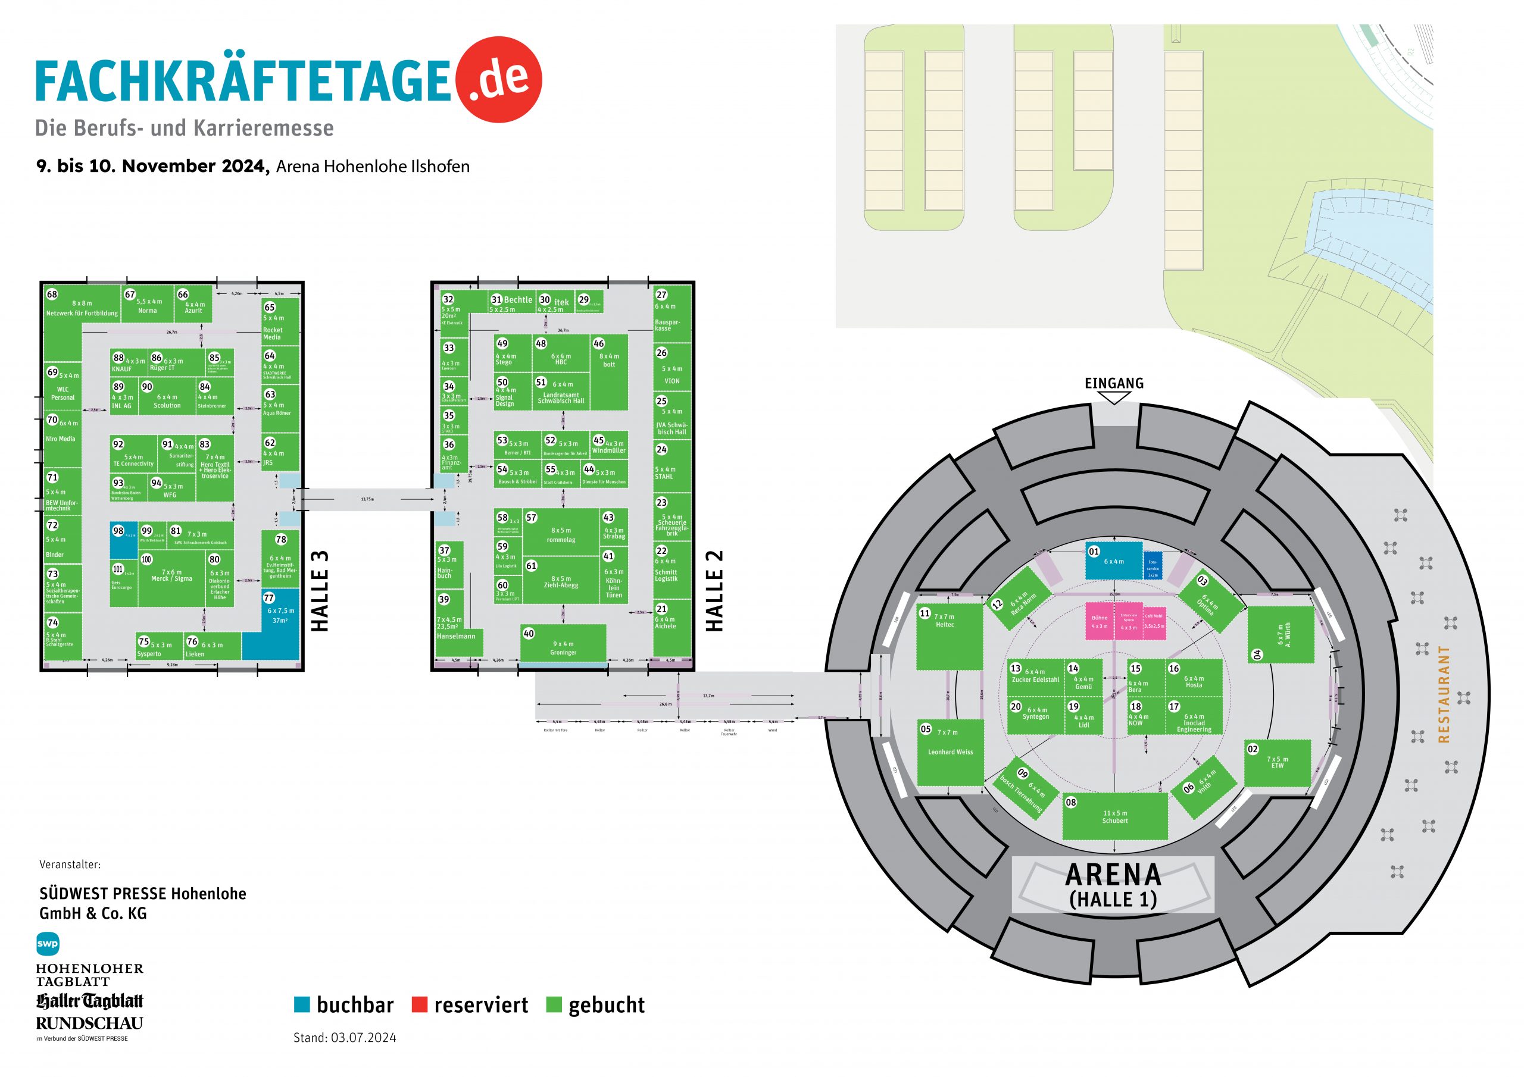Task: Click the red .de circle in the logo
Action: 499,79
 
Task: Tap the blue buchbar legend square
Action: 302,1004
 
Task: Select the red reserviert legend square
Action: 419,1004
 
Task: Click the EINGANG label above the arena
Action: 1114,384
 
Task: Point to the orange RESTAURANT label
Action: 1444,693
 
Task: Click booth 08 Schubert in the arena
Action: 1114,817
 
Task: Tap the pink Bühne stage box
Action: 1099,621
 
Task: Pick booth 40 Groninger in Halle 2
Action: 563,644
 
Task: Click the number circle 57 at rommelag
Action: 531,518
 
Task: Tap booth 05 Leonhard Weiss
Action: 950,753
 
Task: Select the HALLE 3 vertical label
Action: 320,591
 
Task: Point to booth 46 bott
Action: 608,372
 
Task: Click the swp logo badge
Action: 48,944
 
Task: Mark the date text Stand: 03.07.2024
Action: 345,1038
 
